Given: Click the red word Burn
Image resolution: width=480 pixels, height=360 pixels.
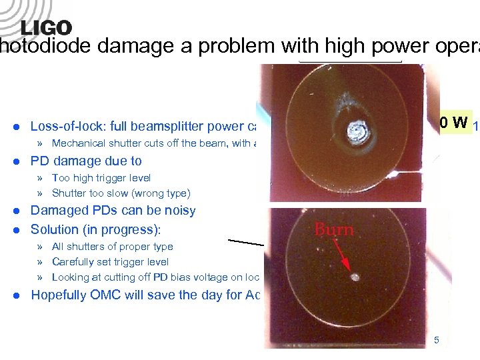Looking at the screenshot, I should (334, 230).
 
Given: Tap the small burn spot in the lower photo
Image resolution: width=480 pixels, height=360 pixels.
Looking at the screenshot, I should (355, 277).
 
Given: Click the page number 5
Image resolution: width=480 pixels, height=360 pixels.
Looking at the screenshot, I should (437, 341).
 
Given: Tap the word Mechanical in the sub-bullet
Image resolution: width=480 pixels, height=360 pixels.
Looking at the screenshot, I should (79, 143).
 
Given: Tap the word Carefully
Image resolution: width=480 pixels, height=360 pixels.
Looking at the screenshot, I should (75, 262).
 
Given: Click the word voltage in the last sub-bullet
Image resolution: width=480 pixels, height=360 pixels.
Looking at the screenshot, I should (200, 277).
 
